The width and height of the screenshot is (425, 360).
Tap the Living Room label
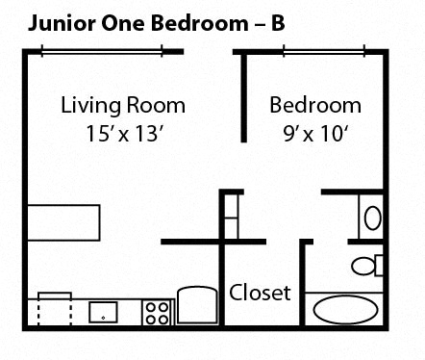pyautogui.click(x=123, y=105)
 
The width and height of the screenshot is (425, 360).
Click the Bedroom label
pyautogui.click(x=315, y=105)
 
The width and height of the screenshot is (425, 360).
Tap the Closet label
pyautogui.click(x=260, y=292)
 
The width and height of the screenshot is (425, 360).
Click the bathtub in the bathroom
pyautogui.click(x=346, y=310)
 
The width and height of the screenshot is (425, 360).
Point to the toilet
pyautogui.click(x=366, y=265)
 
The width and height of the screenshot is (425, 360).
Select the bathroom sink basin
pyautogui.click(x=373, y=216)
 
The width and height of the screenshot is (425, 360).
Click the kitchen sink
pyautogui.click(x=103, y=312)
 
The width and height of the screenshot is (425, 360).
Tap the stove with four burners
pyautogui.click(x=157, y=311)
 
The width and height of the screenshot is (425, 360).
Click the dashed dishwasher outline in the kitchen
pyautogui.click(x=54, y=310)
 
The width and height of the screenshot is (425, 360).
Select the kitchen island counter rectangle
pyautogui.click(x=63, y=222)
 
